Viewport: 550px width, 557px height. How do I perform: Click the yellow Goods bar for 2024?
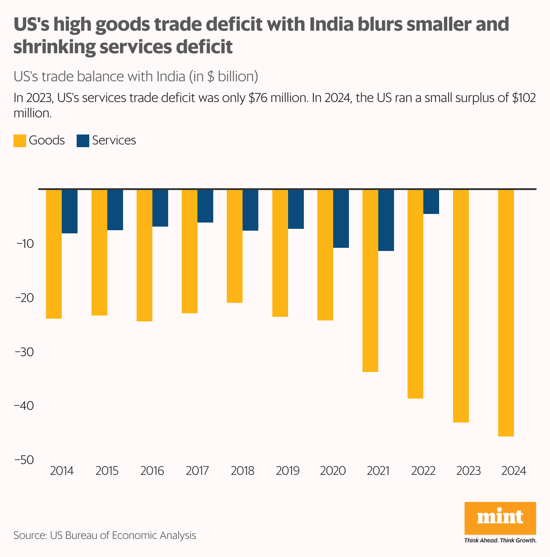click(506, 313)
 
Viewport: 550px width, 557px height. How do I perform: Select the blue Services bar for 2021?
click(386, 220)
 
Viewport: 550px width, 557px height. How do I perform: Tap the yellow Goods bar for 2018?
click(234, 246)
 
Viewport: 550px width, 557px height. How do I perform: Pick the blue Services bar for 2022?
click(431, 201)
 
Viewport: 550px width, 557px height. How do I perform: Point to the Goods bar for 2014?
click(54, 254)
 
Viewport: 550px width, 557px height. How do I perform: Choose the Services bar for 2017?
click(205, 206)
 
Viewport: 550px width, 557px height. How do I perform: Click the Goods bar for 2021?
click(370, 280)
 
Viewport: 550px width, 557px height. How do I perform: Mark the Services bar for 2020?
click(341, 218)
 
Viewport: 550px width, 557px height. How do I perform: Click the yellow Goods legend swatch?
click(20, 140)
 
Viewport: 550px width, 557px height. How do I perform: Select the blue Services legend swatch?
click(83, 140)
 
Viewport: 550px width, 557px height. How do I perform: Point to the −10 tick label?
click(24, 244)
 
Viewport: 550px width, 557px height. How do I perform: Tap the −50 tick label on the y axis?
click(24, 460)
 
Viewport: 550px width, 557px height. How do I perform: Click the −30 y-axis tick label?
click(24, 352)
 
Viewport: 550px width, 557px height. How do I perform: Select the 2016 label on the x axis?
click(152, 471)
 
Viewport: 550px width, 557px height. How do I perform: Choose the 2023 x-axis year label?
click(468, 471)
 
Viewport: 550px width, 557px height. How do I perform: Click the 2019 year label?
click(288, 471)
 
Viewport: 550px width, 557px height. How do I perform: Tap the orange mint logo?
click(500, 517)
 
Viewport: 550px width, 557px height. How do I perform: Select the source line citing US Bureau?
click(105, 536)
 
